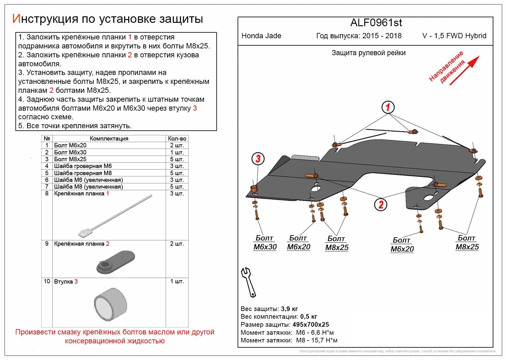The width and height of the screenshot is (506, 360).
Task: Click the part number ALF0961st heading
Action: tap(376, 23)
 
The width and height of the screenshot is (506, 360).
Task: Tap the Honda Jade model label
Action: tap(261, 36)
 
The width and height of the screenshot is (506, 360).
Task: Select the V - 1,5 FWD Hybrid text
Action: tap(454, 36)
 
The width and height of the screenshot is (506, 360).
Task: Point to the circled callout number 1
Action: tap(388, 107)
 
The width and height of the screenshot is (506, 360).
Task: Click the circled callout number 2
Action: tap(381, 204)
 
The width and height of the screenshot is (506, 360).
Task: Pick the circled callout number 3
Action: tap(258, 159)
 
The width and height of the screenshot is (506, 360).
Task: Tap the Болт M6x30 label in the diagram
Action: tap(265, 243)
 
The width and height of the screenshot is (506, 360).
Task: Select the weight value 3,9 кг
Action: tap(289, 309)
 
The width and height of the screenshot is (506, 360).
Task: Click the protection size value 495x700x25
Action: tap(310, 325)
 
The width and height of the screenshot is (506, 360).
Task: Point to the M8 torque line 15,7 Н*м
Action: tap(316, 340)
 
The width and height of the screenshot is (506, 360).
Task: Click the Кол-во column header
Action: tap(177, 138)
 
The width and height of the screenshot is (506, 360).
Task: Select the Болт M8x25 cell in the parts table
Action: tap(70, 159)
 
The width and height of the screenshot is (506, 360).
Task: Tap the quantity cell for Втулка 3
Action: tap(177, 281)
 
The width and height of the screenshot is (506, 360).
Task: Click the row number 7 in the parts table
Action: tap(47, 186)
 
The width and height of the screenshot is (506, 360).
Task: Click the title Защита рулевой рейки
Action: tap(368, 53)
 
